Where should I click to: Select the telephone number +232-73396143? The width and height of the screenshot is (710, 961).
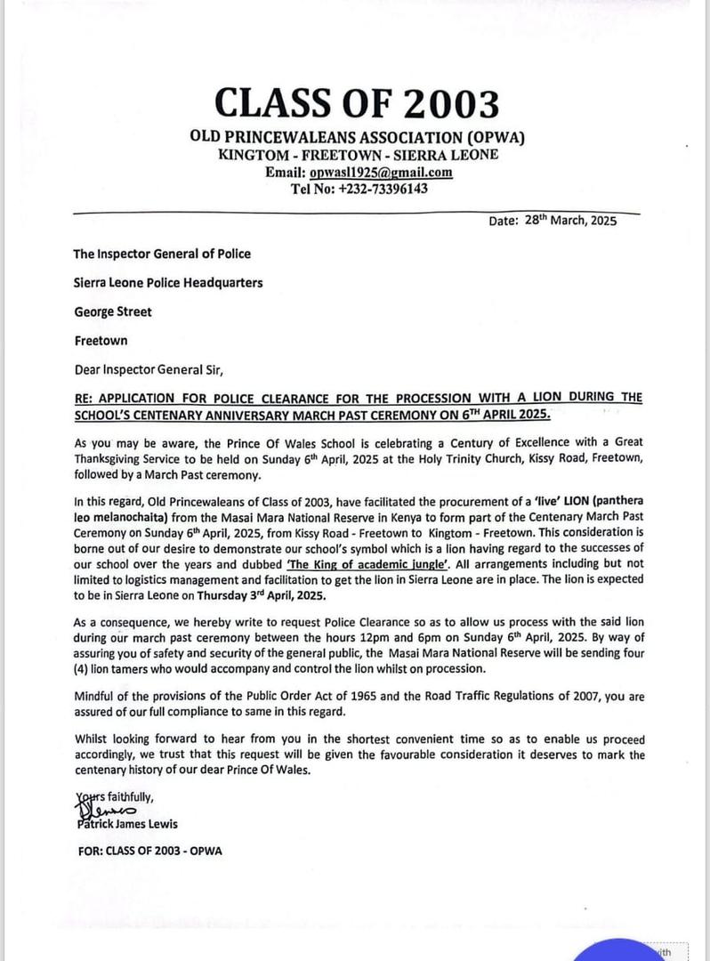pos(359,189)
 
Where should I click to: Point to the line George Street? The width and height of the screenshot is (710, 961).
pos(112,311)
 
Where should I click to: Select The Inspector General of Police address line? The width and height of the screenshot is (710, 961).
pos(162,254)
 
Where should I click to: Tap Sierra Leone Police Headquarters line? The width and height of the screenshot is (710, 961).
pos(167,283)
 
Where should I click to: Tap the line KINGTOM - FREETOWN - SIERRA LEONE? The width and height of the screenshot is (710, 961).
pos(358,155)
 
